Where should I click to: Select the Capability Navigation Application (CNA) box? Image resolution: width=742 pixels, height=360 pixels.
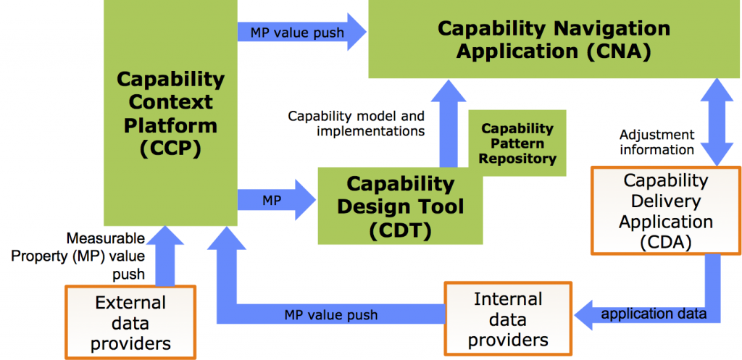tap(554, 39)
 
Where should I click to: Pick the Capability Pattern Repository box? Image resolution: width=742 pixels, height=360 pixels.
tap(517, 142)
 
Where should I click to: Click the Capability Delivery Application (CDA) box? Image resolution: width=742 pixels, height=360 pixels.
tap(665, 211)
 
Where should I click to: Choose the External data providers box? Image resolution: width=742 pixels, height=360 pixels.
tap(130, 322)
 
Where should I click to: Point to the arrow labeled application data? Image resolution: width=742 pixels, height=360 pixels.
tap(652, 313)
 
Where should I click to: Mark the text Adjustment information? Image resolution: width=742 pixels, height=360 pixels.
tap(657, 142)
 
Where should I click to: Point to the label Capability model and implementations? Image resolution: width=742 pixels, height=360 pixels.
tap(357, 123)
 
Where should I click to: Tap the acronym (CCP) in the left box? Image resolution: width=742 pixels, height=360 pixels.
tap(170, 149)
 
